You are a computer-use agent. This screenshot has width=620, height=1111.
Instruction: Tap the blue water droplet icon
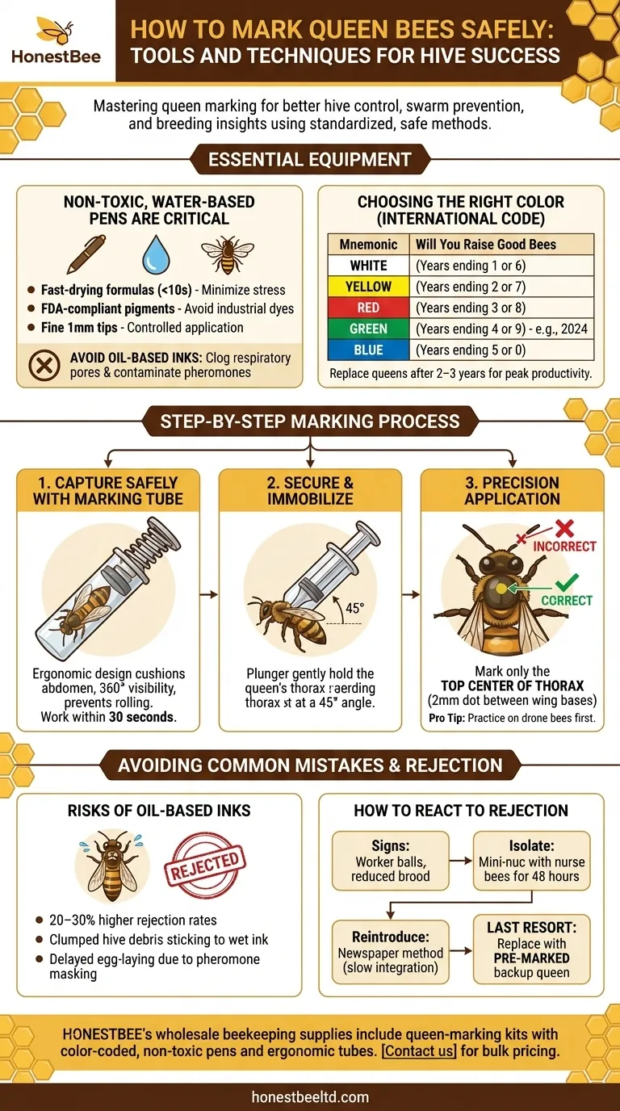(x=157, y=254)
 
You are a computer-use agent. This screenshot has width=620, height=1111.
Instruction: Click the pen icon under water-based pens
(x=86, y=254)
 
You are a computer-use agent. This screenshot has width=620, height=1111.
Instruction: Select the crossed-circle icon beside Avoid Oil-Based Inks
(x=44, y=365)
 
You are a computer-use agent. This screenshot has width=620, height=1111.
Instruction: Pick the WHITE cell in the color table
(x=368, y=266)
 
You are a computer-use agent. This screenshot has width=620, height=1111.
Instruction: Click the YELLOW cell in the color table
(x=368, y=287)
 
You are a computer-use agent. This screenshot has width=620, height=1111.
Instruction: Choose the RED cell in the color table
(x=368, y=308)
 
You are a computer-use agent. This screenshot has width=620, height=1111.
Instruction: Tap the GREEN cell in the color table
(x=368, y=329)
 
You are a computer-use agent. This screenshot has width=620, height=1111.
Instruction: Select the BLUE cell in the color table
(x=368, y=350)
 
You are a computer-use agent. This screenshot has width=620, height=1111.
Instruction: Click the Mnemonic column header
(x=368, y=244)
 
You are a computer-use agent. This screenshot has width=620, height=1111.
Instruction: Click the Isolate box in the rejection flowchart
(x=531, y=862)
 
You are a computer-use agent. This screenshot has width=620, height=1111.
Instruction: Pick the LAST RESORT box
(x=531, y=950)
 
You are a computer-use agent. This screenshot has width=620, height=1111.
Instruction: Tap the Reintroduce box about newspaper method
(x=390, y=951)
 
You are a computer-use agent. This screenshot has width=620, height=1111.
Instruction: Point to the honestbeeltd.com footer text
(x=310, y=1096)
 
